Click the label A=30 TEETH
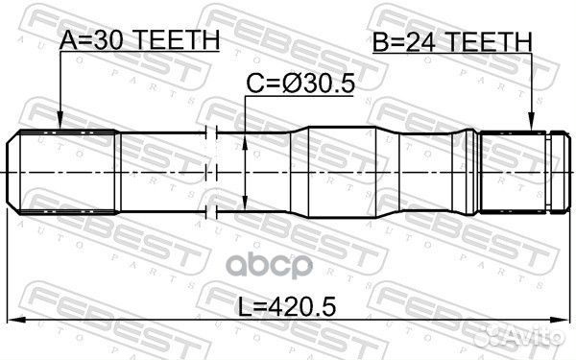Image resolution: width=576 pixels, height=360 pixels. tap(140, 40)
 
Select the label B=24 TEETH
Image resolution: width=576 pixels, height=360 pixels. tap(451, 40)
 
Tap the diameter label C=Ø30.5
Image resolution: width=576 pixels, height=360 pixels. tap(300, 84)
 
